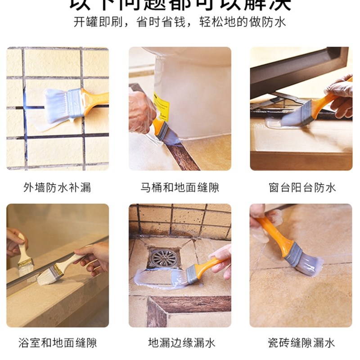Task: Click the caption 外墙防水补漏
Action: [x=57, y=187]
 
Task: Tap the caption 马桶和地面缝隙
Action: [x=180, y=187]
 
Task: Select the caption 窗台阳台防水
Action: [x=302, y=187]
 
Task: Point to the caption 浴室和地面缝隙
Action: [x=57, y=343]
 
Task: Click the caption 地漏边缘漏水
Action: [x=180, y=343]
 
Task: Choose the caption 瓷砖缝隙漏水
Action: [x=302, y=343]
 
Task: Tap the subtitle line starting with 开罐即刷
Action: [x=180, y=22]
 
